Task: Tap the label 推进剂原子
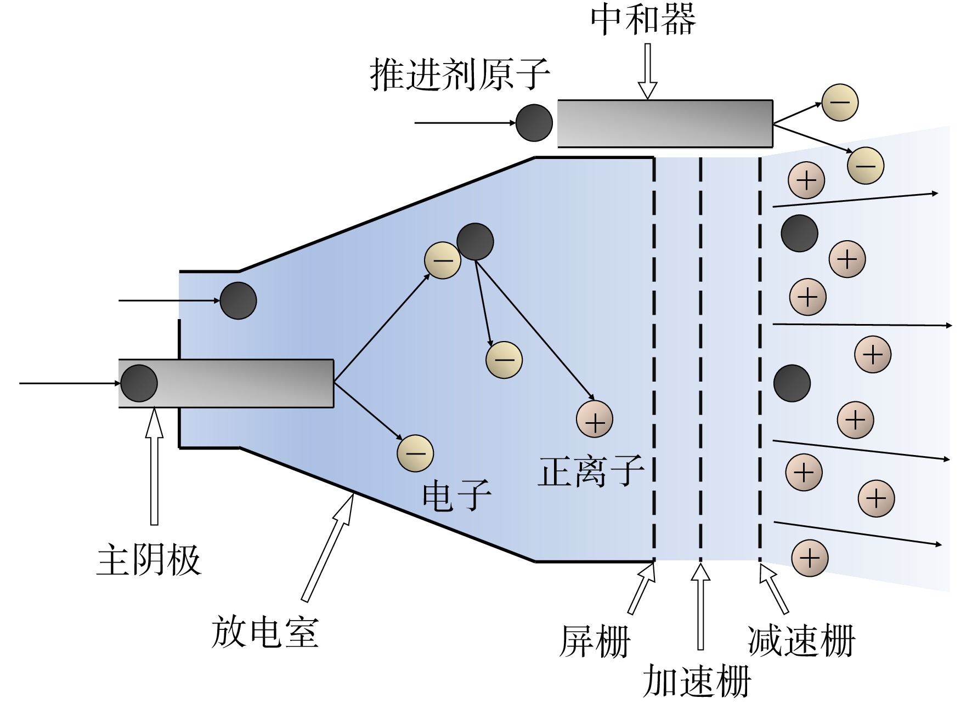pyautogui.click(x=460, y=75)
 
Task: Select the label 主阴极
pyautogui.click(x=149, y=560)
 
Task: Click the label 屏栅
pyautogui.click(x=595, y=641)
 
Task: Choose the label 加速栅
pyautogui.click(x=696, y=680)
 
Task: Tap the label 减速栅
pyautogui.click(x=801, y=640)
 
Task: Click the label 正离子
pyautogui.click(x=590, y=472)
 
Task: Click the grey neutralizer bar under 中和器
pyautogui.click(x=665, y=124)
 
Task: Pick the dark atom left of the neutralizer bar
pyautogui.click(x=534, y=123)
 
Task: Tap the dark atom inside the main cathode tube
pyautogui.click(x=139, y=383)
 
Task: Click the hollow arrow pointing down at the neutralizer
pyautogui.click(x=648, y=71)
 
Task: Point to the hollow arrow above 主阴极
pyautogui.click(x=154, y=466)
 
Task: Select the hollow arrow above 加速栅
pyautogui.click(x=700, y=606)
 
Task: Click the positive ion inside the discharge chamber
pyautogui.click(x=595, y=419)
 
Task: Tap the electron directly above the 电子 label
pyautogui.click(x=415, y=453)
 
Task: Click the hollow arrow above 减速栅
pyautogui.click(x=774, y=588)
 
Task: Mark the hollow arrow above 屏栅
pyautogui.click(x=641, y=588)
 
